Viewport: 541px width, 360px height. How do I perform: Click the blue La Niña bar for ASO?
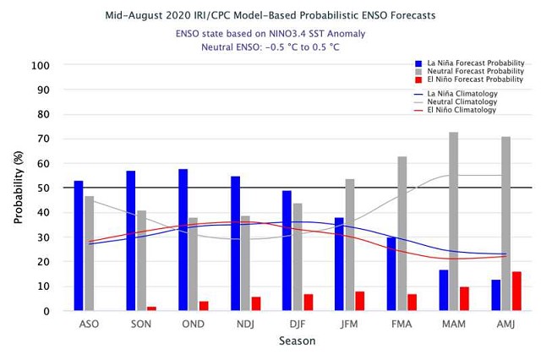(79, 246)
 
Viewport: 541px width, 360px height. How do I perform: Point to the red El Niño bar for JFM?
(360, 302)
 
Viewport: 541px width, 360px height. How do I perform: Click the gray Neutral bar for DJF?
(298, 257)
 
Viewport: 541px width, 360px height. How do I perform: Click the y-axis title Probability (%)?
(16, 188)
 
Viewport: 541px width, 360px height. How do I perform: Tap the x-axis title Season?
(298, 342)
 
